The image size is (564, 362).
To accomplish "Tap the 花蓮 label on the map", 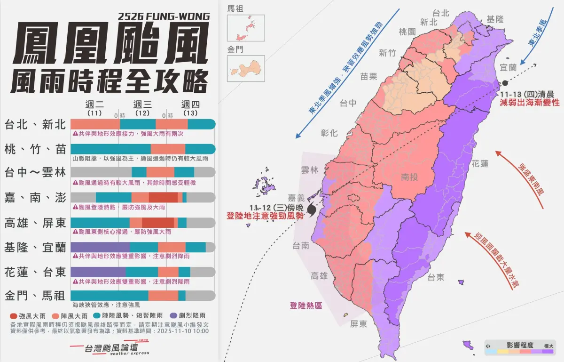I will click(x=480, y=164).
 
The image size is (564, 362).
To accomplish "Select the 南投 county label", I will click(x=410, y=177).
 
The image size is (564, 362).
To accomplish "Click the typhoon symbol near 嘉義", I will click(x=312, y=209).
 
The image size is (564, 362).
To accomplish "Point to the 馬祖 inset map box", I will click(x=245, y=28).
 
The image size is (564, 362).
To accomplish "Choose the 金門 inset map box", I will click(x=245, y=68).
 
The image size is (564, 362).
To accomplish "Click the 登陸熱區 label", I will click(x=306, y=305).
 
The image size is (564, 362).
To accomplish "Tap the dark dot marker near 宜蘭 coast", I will click(x=505, y=83).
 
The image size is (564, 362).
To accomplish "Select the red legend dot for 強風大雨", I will click(x=13, y=315).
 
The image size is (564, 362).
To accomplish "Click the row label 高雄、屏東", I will click(x=35, y=223).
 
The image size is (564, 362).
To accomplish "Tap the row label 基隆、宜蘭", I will click(x=35, y=247).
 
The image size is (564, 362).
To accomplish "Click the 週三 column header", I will click(x=142, y=105).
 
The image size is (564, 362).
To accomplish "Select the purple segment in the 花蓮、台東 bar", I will click(x=98, y=272).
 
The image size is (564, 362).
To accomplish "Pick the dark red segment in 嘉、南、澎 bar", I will click(x=163, y=198).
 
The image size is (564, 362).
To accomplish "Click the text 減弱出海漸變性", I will click(x=530, y=102).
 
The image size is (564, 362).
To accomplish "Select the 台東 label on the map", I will click(x=436, y=277).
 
